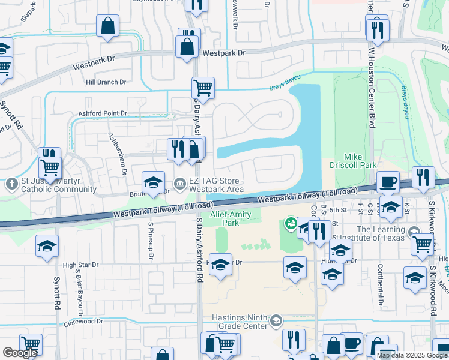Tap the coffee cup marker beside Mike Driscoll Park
[387, 181]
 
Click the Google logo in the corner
[20, 353]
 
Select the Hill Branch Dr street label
[106, 82]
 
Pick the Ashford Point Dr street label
[103, 113]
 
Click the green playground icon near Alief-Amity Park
[291, 224]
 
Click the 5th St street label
[339, 210]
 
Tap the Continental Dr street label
[380, 282]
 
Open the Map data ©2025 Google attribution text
[412, 355]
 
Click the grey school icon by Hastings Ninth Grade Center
[276, 319]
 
